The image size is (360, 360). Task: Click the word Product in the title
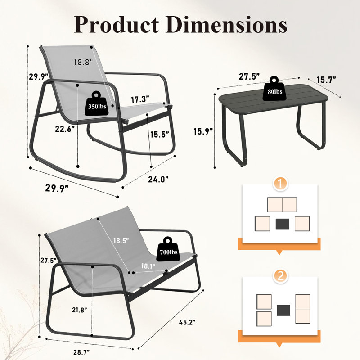(x=117, y=25)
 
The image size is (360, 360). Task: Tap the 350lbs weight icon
(x=97, y=104)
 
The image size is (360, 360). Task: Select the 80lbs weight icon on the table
(x=274, y=89)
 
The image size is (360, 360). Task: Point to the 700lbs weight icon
(x=168, y=250)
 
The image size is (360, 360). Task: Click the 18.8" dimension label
(x=83, y=62)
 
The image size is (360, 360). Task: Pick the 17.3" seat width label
(x=140, y=99)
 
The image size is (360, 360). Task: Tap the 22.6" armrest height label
(x=65, y=129)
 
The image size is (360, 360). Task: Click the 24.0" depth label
(x=158, y=179)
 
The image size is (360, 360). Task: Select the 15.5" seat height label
(x=160, y=134)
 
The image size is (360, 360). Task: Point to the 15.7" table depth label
(x=326, y=80)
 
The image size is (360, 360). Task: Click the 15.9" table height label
(x=203, y=131)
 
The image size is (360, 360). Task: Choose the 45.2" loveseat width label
(x=187, y=322)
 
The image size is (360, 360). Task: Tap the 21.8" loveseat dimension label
(x=80, y=310)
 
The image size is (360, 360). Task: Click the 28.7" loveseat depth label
(x=81, y=352)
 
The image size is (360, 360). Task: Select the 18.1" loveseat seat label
(x=148, y=266)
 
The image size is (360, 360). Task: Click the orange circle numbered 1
(x=280, y=184)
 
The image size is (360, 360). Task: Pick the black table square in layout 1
(x=283, y=224)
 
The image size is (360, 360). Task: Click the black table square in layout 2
(x=283, y=310)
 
